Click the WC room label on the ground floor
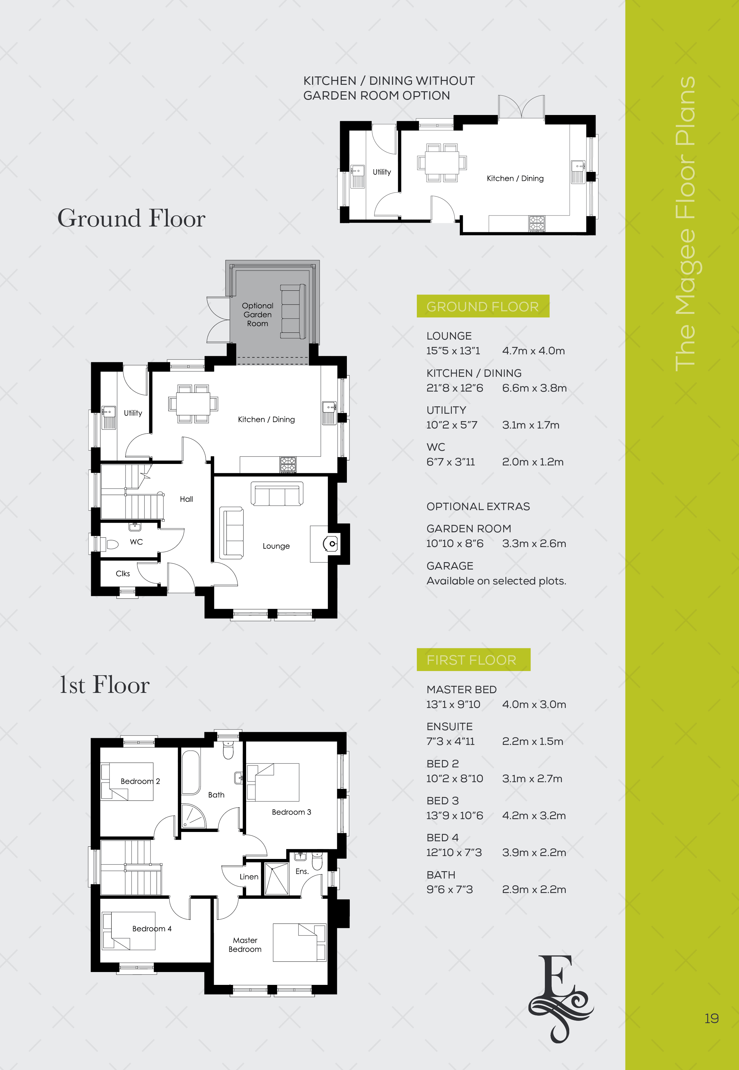coord(136,542)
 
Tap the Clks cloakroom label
coord(123,574)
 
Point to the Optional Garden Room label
coord(257,315)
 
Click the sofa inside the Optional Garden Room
coord(293,312)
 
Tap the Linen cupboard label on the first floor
coord(249,877)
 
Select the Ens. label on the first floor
coord(302,871)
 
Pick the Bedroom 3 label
coord(291,812)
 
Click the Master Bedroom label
coord(245,944)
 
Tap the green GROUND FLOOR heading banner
coord(483,306)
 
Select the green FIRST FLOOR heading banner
coord(473,659)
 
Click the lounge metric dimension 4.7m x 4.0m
coord(533,351)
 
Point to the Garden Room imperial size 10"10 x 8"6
coord(455,544)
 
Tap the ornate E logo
coord(561,999)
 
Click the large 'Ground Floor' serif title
coord(132,218)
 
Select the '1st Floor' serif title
coord(105,685)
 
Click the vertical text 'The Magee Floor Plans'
coord(686,223)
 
